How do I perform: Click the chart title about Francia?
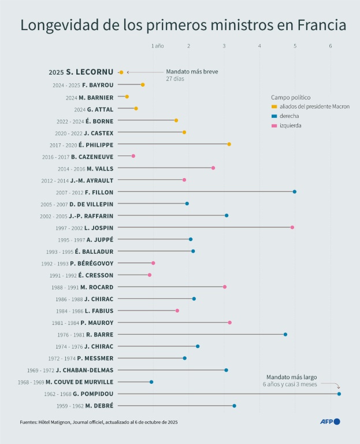point(184,25)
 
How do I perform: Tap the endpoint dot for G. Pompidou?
point(339,394)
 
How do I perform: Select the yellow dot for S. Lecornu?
point(121,72)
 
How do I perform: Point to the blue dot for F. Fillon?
point(295,192)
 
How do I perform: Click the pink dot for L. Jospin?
point(292,227)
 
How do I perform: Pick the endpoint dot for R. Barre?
point(285,334)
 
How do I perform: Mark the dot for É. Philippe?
point(229,144)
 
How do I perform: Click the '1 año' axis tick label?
point(157,45)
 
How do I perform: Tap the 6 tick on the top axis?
point(331,45)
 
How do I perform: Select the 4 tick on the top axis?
point(259,45)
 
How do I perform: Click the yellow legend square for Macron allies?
point(274,106)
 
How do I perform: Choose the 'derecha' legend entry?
point(289,116)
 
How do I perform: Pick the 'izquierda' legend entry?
point(290,125)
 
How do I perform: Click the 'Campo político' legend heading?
point(291,97)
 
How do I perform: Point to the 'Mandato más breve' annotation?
point(192,72)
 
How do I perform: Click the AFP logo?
point(330,421)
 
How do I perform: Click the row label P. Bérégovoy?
point(92,263)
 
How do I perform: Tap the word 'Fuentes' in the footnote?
point(30,422)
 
